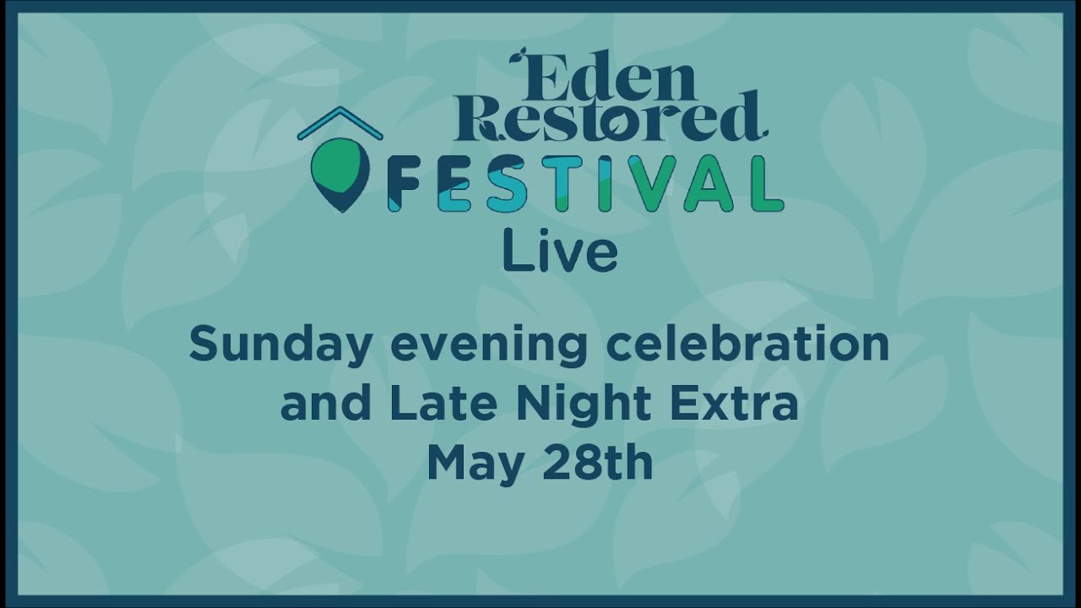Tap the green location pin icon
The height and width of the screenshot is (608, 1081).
(340, 172)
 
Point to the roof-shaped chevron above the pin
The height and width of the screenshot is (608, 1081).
(340, 122)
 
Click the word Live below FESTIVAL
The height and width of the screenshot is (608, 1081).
(560, 252)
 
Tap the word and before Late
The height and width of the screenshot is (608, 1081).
(326, 404)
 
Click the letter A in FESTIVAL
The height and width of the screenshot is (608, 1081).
(711, 184)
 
